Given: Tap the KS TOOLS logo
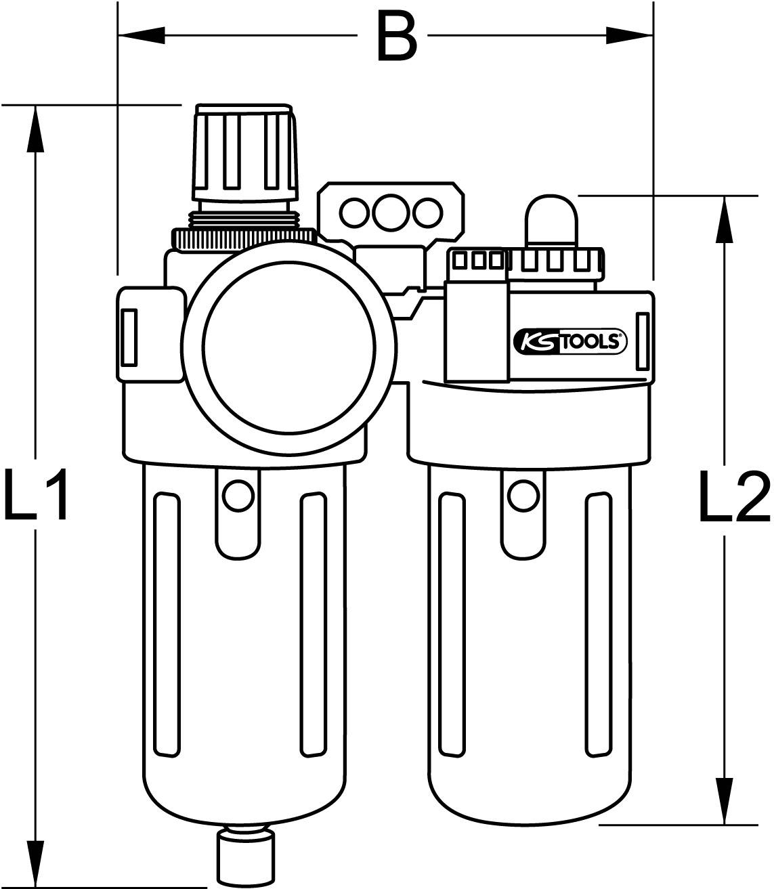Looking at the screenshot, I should (x=571, y=341).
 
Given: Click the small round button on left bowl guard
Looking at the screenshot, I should (x=237, y=496).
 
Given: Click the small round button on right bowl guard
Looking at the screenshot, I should (x=523, y=496).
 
